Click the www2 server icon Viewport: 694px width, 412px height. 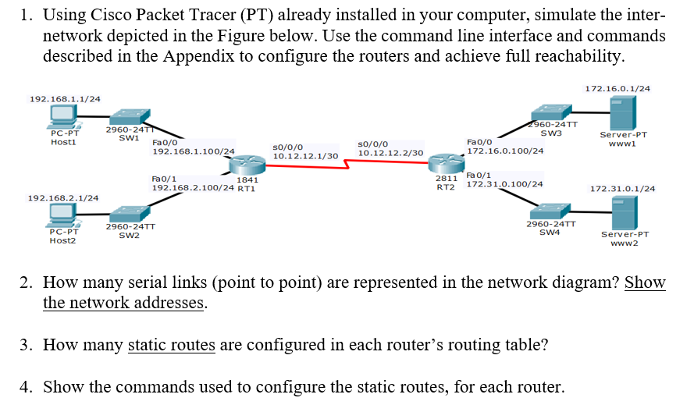(620, 211)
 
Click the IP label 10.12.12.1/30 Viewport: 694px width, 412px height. (304, 156)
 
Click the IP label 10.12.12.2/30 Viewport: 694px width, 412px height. (390, 153)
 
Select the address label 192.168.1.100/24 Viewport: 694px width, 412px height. (193, 151)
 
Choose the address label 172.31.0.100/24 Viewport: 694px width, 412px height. (504, 184)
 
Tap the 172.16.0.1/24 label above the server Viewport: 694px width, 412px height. (617, 89)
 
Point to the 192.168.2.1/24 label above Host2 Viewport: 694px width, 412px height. (63, 198)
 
